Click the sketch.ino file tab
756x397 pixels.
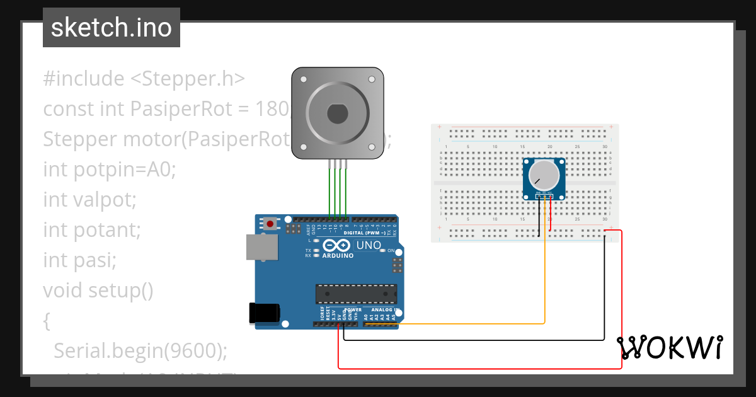(112, 28)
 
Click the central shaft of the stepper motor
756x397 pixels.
(337, 113)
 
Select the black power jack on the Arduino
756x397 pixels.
(264, 313)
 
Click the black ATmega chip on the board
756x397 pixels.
(356, 294)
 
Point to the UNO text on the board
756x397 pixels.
(369, 245)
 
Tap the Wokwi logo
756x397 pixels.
(669, 347)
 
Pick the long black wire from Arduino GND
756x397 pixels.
(472, 340)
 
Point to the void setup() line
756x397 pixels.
(98, 291)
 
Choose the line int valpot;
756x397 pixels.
(90, 200)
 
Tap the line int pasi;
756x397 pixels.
(80, 260)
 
